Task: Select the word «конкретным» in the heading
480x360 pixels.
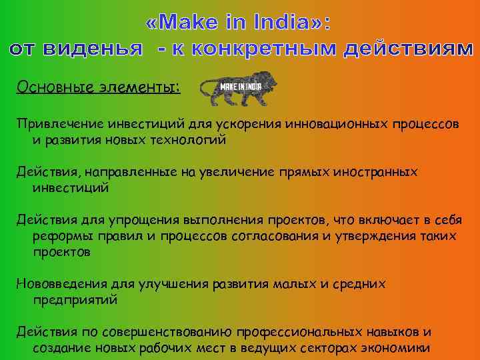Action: click(x=263, y=48)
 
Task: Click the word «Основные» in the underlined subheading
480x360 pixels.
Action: click(x=47, y=87)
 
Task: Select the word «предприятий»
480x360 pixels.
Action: click(x=75, y=301)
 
